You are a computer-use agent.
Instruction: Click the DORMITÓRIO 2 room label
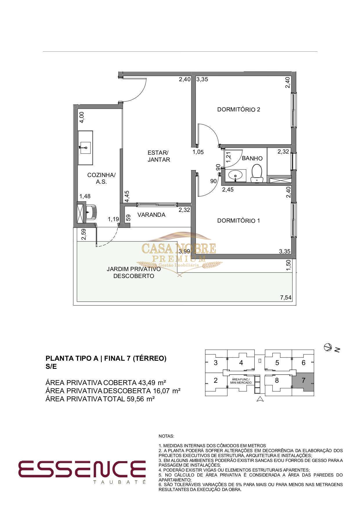[x=238, y=109]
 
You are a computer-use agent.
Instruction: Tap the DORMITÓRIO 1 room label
[x=238, y=221]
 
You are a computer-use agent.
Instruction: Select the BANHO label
[x=252, y=158]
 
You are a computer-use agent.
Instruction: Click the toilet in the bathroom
[x=257, y=174]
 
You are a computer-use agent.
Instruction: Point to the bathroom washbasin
[x=235, y=175]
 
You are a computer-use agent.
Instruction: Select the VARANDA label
[x=151, y=215]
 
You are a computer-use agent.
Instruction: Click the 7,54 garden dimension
[x=286, y=297]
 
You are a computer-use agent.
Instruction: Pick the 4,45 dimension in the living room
[x=127, y=196]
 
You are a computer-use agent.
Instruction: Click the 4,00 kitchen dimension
[x=82, y=118]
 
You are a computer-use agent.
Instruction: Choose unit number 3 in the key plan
[x=216, y=362]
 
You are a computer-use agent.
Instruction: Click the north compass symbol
[x=328, y=347]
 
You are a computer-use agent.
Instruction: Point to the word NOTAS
[x=167, y=436]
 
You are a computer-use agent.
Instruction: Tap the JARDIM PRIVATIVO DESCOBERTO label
[x=134, y=272]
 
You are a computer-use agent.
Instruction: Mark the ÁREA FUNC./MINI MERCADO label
[x=241, y=381]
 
